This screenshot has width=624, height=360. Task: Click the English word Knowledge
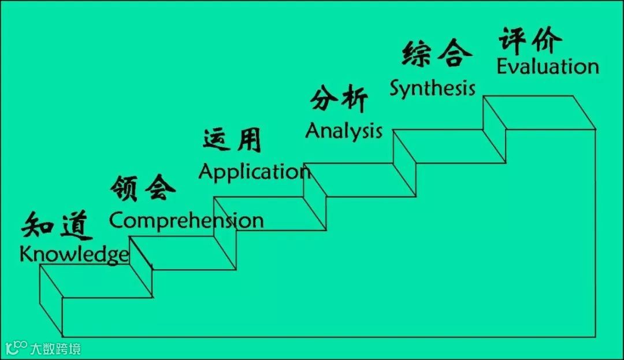pyautogui.click(x=74, y=255)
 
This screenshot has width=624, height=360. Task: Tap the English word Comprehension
pyautogui.click(x=186, y=220)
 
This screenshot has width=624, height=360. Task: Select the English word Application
pyautogui.click(x=254, y=172)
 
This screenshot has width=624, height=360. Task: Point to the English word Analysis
pyautogui.click(x=344, y=131)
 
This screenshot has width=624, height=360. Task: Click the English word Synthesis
pyautogui.click(x=432, y=88)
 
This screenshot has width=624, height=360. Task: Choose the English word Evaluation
pyautogui.click(x=548, y=66)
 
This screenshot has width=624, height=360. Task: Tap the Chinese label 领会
pyautogui.click(x=143, y=188)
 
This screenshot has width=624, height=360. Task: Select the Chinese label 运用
pyautogui.click(x=232, y=140)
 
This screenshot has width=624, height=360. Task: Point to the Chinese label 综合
pyautogui.click(x=436, y=54)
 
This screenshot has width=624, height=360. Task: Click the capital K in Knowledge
pyautogui.click(x=26, y=254)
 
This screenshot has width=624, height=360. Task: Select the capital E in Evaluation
pyautogui.click(x=503, y=66)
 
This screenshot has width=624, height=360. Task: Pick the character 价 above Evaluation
pyautogui.click(x=546, y=39)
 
